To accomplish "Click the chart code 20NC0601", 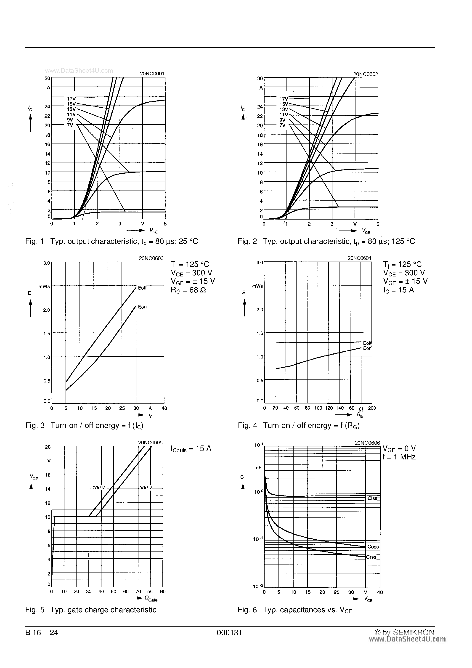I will (x=152, y=74).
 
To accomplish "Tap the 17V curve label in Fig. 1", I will (x=71, y=99).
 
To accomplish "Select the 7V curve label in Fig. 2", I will (x=282, y=125).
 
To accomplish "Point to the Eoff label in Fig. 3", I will (x=142, y=288).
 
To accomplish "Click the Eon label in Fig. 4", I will (x=367, y=348).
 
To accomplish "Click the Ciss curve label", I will (x=372, y=498).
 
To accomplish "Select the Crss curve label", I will (x=371, y=557).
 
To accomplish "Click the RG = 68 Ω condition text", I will (x=188, y=290).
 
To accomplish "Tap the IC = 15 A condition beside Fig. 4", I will (x=398, y=290).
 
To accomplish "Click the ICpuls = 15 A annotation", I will (x=191, y=448).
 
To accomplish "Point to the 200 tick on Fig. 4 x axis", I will (x=372, y=408).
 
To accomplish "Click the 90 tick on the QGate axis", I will (x=163, y=591).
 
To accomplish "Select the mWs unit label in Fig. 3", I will (x=44, y=286).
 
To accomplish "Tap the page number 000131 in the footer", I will (x=229, y=633).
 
